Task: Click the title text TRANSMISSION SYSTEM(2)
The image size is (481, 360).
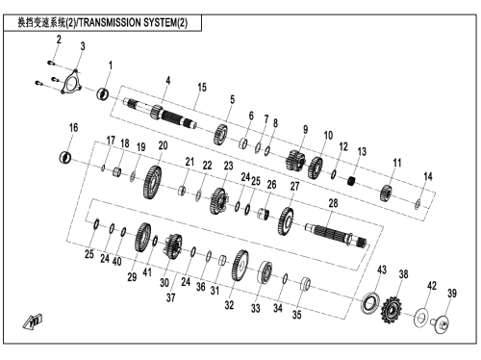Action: pos(133,23)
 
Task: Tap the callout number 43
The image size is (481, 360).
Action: pos(382,270)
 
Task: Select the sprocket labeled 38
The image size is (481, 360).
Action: pos(392,309)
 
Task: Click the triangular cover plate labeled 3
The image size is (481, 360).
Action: pos(71,82)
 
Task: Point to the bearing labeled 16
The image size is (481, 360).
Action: pos(65,157)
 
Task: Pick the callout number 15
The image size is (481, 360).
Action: pos(202,88)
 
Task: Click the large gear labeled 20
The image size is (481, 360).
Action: pos(152,182)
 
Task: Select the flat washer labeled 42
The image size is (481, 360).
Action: pos(421,318)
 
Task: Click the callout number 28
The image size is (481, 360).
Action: pos(333,203)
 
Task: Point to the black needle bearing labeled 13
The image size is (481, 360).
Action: pos(352,181)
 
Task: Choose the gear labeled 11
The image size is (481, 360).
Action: pos(386,193)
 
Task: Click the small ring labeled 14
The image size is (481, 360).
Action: pos(418,204)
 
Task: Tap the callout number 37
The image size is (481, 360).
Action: pos(171,297)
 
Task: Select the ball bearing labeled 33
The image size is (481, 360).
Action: pos(266,272)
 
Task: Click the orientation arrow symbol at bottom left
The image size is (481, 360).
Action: pos(33,321)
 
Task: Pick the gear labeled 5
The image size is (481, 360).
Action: pos(220,135)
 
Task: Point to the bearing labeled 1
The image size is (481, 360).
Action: pos(103,93)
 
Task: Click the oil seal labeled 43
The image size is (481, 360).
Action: pos(370,302)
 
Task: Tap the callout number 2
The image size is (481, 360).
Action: pos(59,39)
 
